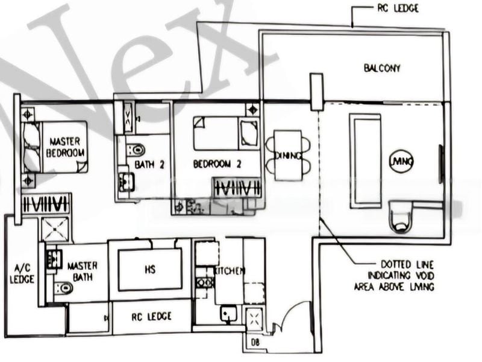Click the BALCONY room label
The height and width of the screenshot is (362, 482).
tap(382, 68)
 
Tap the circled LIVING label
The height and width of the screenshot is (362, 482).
tap(401, 161)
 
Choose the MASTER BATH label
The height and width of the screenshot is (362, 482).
tap(83, 271)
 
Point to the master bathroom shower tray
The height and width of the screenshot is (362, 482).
tap(56, 229)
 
